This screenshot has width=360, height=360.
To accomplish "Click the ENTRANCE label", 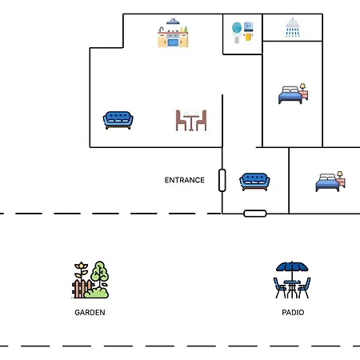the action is (185, 180).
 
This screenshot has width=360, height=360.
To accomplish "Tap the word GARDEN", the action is (90, 313).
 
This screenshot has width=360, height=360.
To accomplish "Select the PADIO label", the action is (293, 313).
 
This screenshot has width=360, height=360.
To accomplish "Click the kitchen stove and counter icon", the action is (173, 33).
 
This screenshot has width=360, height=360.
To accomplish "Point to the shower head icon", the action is (293, 27).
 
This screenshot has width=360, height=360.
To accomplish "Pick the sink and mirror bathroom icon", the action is (242, 32).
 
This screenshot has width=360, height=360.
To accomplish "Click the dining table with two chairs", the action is (191, 120).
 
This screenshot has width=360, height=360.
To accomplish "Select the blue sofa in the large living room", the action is (118, 120).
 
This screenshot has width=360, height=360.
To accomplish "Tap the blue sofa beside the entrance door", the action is (254, 182).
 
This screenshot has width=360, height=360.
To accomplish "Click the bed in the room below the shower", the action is (293, 94).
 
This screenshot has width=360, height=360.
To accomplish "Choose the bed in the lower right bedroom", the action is (330, 182).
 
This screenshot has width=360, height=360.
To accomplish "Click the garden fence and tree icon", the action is (90, 279).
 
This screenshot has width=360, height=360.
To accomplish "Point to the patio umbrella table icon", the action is (292, 280).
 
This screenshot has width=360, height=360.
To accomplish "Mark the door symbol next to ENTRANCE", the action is (222, 180).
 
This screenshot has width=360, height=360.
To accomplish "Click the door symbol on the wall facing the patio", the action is (255, 214).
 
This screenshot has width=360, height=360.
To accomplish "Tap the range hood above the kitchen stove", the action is (173, 22).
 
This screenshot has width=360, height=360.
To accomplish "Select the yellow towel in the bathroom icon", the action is (248, 37).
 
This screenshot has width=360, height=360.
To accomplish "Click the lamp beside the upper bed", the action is (302, 87).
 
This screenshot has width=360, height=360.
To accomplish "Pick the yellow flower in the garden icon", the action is (82, 266).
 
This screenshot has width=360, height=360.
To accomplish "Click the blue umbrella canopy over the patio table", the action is (292, 266).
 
